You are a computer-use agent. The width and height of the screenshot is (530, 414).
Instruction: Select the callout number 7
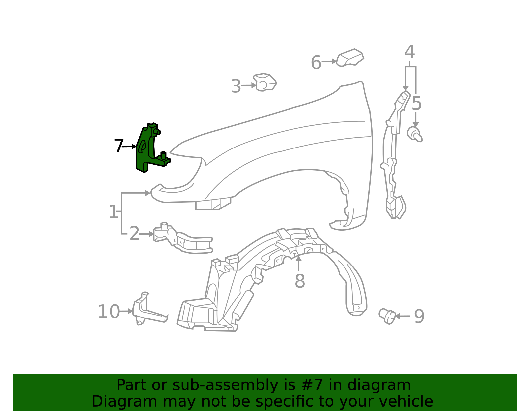[x=119, y=146]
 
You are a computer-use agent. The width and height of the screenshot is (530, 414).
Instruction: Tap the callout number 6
[x=316, y=62]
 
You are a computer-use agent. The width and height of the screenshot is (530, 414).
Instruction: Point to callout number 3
[x=236, y=86]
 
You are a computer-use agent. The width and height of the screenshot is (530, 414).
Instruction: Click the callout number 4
[x=409, y=52]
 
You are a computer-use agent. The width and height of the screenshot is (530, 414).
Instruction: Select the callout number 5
[x=417, y=103]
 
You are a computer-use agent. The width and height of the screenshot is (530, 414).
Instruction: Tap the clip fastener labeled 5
[x=415, y=134]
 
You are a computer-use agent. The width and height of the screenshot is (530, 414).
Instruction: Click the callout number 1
[x=113, y=211]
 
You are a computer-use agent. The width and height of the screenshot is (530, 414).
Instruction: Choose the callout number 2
[x=134, y=233]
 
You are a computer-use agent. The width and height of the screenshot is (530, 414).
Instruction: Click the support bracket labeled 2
[x=183, y=238]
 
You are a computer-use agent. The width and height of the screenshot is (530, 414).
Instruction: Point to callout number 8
[x=300, y=281]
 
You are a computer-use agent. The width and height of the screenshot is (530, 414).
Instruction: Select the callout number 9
[x=419, y=317]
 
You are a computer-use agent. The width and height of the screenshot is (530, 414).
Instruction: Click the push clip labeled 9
[x=387, y=316]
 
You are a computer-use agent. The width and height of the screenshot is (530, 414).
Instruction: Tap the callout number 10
[x=109, y=312]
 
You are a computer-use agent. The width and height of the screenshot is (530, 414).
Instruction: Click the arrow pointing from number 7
[x=129, y=147]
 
